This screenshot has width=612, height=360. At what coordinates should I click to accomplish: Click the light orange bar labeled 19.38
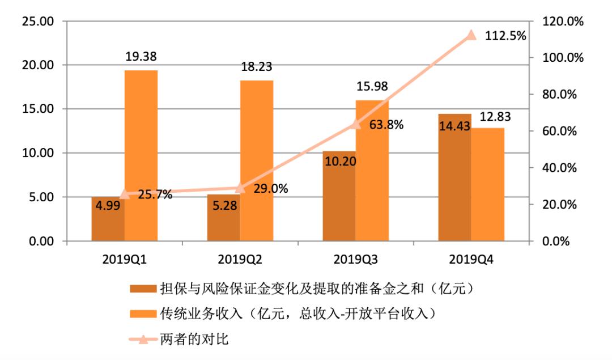click(x=141, y=156)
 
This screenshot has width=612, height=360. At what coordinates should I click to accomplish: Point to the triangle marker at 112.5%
click(x=470, y=35)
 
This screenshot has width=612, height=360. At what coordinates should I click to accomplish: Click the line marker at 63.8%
click(x=355, y=124)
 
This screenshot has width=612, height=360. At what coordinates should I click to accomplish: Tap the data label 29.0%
click(x=270, y=188)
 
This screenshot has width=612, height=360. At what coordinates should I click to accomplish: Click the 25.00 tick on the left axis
click(x=37, y=22)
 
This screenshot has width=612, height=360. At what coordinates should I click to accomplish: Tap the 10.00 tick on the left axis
click(x=37, y=153)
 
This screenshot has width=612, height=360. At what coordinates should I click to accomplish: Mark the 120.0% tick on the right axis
click(x=558, y=22)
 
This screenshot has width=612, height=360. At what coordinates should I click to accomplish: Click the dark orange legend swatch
click(x=142, y=289)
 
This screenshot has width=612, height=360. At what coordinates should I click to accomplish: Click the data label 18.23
click(x=256, y=67)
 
